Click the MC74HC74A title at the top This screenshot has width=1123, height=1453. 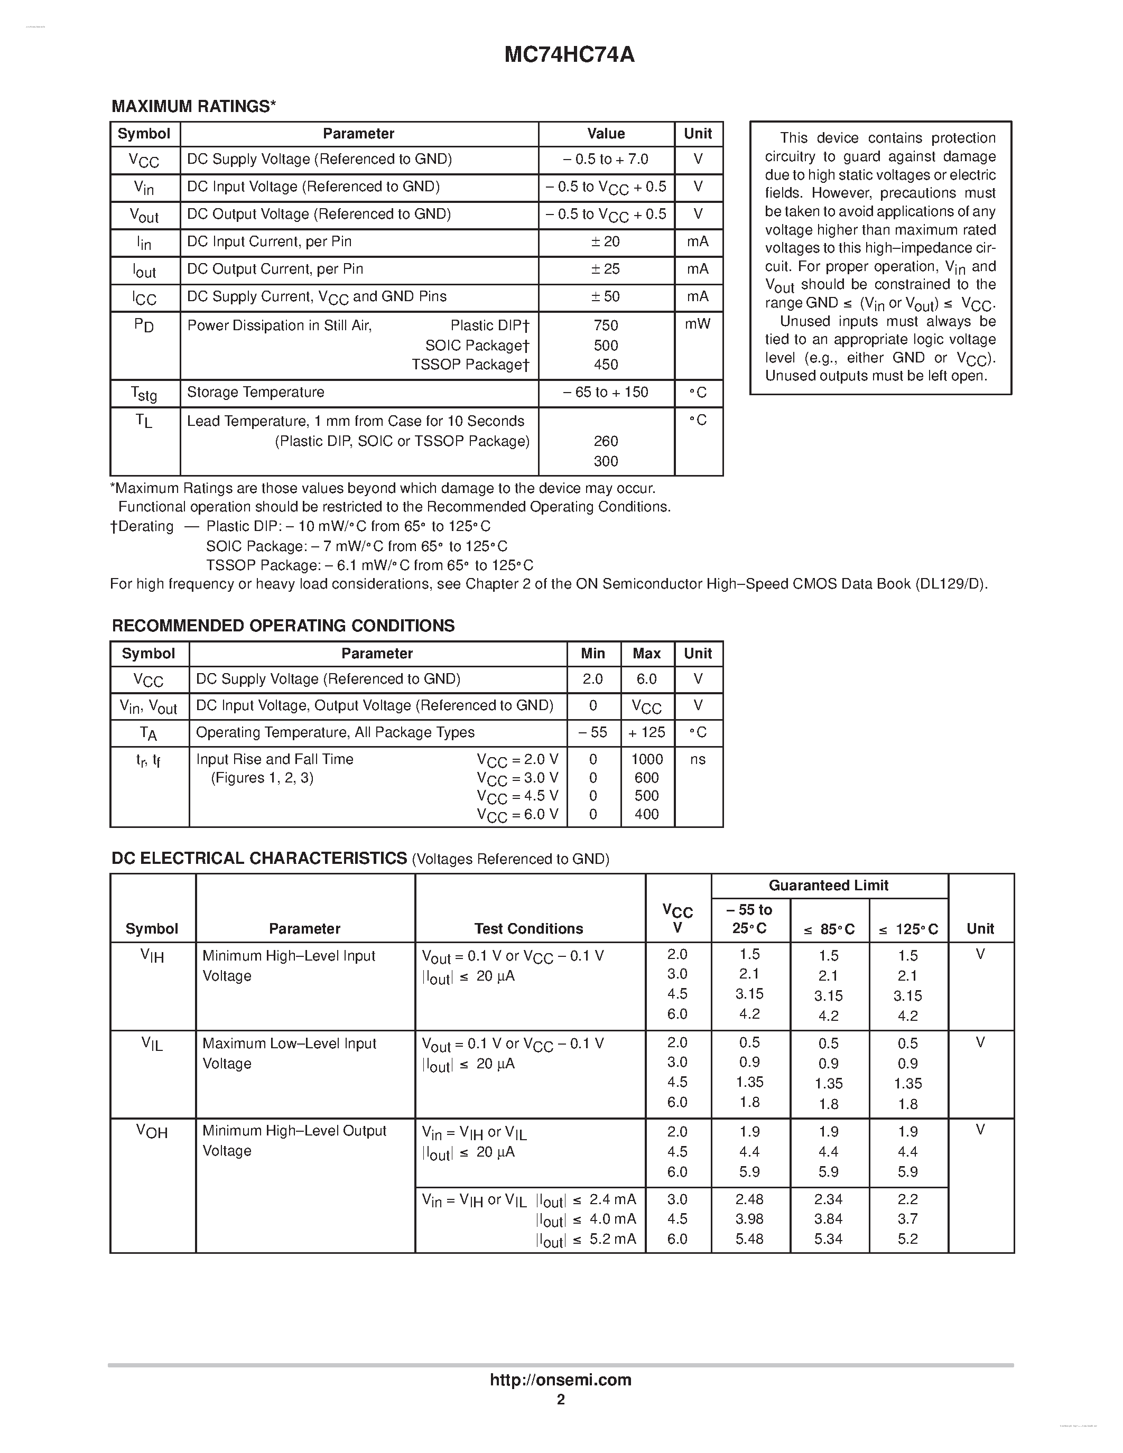569,54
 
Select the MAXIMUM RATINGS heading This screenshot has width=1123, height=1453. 193,106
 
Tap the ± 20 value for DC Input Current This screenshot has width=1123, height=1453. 606,241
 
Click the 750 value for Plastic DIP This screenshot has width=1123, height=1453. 606,325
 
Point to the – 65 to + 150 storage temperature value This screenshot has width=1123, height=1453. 606,392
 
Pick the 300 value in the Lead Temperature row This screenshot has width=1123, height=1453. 606,461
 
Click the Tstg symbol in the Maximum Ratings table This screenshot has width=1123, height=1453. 144,393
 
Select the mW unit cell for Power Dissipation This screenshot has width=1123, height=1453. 698,324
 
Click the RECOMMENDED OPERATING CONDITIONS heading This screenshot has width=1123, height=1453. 283,626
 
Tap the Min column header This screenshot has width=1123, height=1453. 593,653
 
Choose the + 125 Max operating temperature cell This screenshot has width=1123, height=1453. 647,732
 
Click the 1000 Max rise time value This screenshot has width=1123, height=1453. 647,759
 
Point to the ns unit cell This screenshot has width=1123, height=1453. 698,759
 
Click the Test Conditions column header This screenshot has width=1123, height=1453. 529,928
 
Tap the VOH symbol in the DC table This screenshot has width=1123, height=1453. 152,1131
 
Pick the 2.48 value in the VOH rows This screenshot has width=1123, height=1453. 750,1199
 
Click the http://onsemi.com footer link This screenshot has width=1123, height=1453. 561,1380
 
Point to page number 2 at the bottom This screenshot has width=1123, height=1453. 561,1399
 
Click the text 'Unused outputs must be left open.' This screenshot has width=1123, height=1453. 876,376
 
